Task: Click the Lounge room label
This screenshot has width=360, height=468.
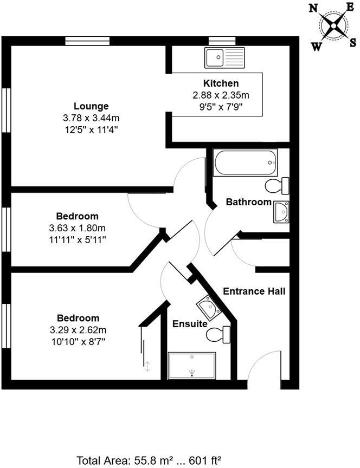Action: [91, 106]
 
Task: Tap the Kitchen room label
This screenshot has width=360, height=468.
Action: [221, 83]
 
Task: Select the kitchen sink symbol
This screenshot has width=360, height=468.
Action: [224, 56]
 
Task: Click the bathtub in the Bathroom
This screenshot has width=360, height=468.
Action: [245, 163]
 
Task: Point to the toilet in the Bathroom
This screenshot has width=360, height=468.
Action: [278, 185]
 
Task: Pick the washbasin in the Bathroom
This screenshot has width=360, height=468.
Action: [281, 212]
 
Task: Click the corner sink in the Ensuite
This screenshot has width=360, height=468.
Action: [208, 308]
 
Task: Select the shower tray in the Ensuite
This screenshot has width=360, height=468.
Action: [192, 365]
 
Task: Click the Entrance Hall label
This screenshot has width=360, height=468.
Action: [254, 291]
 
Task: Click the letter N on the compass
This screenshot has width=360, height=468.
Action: [313, 8]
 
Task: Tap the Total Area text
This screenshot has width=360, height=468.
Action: [149, 461]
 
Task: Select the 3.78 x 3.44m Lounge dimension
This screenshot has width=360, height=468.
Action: [91, 118]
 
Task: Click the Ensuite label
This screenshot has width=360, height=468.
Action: [190, 324]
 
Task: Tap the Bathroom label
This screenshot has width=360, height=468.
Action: [248, 202]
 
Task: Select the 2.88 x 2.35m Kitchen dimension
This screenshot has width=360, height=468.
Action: [221, 95]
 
